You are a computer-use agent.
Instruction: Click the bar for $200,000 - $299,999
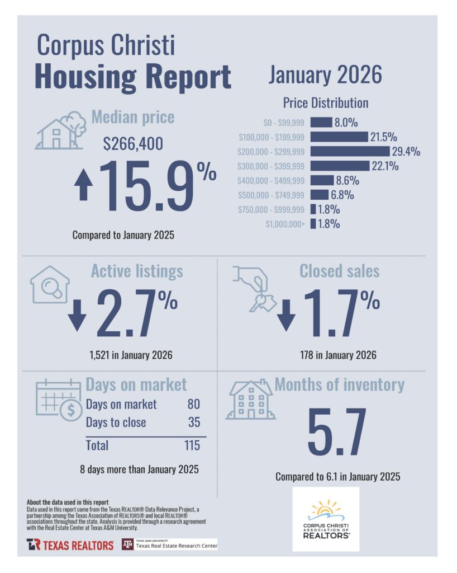coord(349,151)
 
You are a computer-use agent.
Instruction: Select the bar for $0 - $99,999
coord(321,122)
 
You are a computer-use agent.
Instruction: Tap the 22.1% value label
coord(385,166)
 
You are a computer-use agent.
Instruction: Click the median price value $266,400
coord(134,144)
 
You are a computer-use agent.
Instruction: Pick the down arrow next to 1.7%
coord(286,316)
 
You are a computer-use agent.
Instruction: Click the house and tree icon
coord(59,130)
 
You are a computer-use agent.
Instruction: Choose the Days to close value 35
coord(194,422)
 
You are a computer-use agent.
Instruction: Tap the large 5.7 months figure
coord(336,431)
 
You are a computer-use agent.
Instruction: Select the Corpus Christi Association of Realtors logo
coord(326,519)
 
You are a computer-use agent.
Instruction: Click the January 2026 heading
coord(324,74)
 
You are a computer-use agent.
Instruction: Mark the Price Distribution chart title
coord(325,103)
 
